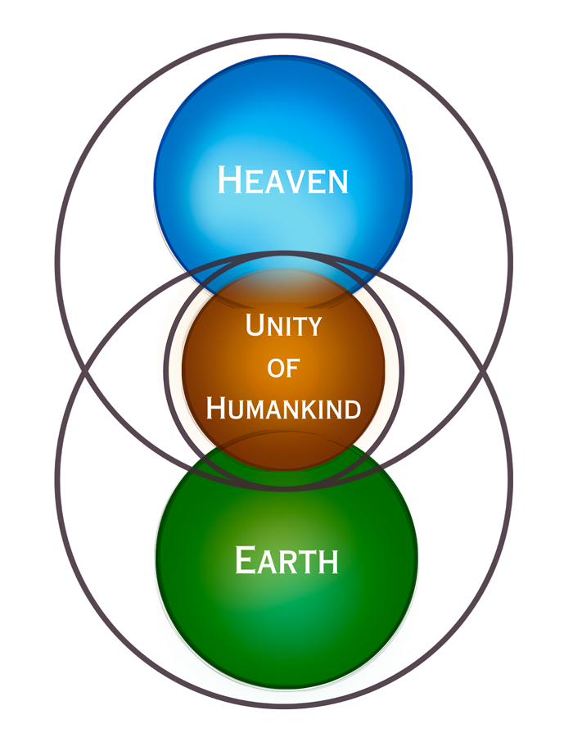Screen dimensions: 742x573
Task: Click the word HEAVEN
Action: point(283,181)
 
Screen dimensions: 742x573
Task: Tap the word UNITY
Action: point(283,326)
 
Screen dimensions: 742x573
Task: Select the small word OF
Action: point(283,369)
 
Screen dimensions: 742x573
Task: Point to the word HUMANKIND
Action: point(283,407)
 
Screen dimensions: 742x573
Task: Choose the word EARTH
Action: point(286,562)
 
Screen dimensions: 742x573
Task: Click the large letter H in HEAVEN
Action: point(230,180)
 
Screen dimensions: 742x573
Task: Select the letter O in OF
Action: point(275,369)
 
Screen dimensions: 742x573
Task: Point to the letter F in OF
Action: point(293,370)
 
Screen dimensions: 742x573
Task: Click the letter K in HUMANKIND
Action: point(310,409)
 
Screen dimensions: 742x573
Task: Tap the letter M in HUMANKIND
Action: point(256,409)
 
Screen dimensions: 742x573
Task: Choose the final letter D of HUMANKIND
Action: point(351,409)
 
